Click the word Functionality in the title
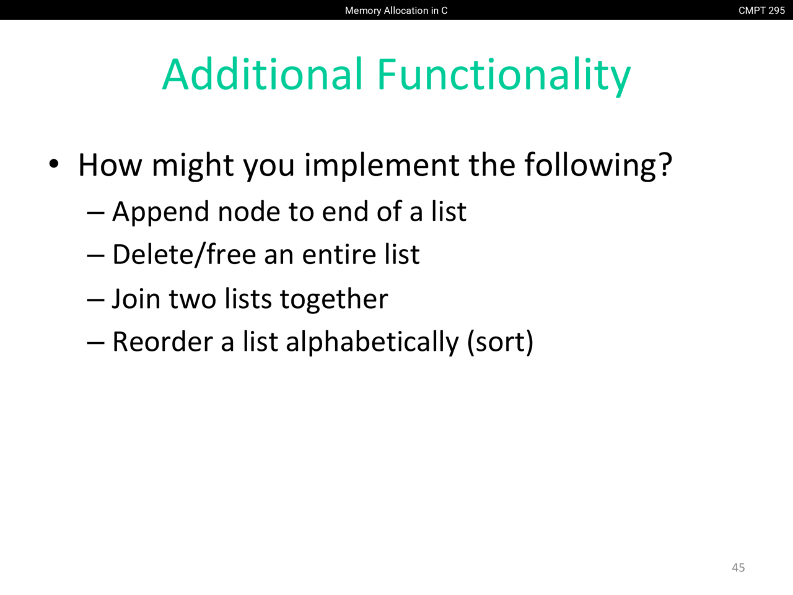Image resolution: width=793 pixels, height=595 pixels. [504, 77]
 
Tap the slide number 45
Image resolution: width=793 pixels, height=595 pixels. [738, 568]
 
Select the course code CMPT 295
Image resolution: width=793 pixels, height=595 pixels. [761, 11]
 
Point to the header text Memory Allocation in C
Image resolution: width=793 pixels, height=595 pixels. [396, 11]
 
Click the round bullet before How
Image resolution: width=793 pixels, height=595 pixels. [54, 164]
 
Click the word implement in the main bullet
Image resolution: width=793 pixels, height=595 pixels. [382, 165]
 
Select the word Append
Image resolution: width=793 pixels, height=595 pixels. [160, 212]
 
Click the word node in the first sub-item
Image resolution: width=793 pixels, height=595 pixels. [249, 211]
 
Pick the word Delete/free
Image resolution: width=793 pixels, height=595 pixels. [184, 255]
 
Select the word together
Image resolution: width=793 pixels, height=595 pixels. [334, 299]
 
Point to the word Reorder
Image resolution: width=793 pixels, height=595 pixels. [162, 342]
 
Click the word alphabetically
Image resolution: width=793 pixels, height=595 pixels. [372, 343]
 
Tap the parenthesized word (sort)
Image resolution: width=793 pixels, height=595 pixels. [501, 343]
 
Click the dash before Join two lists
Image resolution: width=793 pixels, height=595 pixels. [96, 299]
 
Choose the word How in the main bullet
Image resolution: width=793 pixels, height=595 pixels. [110, 165]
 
